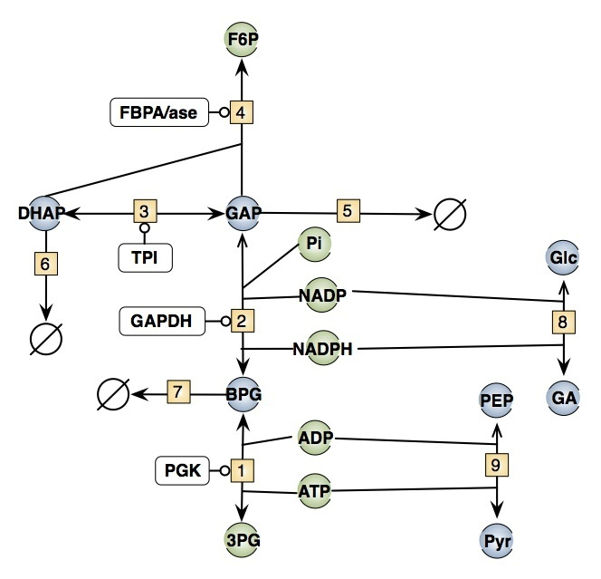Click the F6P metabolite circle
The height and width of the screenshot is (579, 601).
tap(242, 42)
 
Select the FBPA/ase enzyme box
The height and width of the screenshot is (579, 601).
tap(158, 113)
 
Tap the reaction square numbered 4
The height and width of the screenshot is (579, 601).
tap(241, 113)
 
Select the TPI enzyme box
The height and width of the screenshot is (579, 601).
tap(144, 257)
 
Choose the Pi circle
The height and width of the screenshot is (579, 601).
tap(314, 245)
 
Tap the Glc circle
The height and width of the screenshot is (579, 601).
tap(563, 256)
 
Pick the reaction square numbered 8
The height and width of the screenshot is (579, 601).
tap(563, 321)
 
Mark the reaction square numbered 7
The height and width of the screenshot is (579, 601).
tap(177, 394)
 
